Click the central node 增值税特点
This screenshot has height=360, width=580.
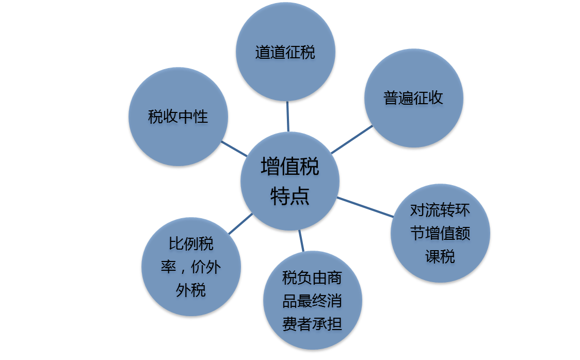pos(289,181)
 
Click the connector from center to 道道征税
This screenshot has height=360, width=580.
pos(287,116)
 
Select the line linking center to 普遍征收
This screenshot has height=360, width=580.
pos(352,139)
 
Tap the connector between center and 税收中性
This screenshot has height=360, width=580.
pos(234,148)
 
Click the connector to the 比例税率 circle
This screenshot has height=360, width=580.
pos(240,223)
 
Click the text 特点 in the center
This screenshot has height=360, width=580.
pos(289,196)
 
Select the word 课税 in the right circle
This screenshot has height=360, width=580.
pos(440,256)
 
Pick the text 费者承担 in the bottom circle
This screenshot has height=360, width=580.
pos(312,324)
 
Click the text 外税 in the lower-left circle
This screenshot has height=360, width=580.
pos(191,290)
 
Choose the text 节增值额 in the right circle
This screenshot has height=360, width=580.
pos(440,233)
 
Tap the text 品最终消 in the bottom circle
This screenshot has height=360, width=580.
pos(312,301)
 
